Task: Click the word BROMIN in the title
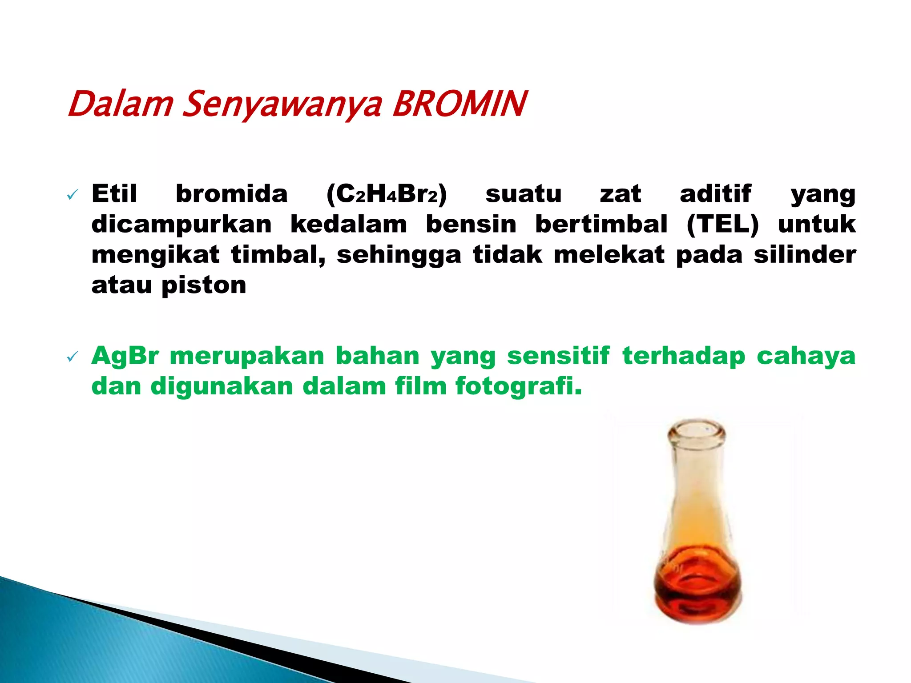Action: click(459, 104)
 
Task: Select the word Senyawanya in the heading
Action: click(282, 106)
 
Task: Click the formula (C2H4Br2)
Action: click(386, 194)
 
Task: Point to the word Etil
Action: click(114, 194)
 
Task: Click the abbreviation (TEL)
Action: click(723, 224)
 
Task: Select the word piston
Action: click(204, 285)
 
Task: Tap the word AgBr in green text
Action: click(125, 357)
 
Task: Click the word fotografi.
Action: click(519, 386)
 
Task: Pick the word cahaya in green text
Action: click(806, 357)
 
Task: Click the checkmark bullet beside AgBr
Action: click(72, 357)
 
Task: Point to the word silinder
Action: click(805, 255)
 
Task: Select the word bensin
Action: click(471, 224)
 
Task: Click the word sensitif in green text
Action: click(558, 357)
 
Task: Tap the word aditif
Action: click(716, 194)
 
